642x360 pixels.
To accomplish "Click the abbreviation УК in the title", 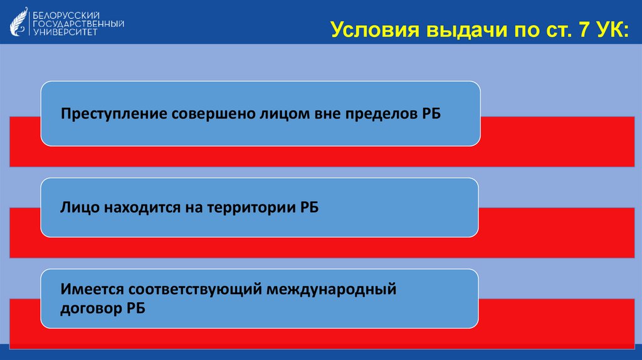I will click(x=606, y=29).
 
